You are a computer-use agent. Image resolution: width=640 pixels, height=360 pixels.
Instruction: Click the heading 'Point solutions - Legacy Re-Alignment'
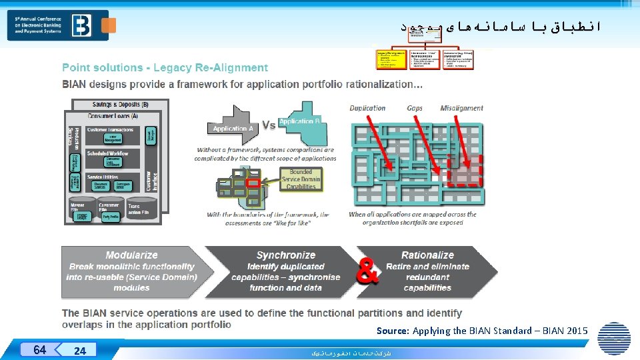[x=165, y=67]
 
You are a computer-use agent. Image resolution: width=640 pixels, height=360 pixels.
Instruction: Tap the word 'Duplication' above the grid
[x=367, y=108]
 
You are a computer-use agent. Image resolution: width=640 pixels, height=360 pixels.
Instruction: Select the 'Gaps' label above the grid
[x=415, y=108]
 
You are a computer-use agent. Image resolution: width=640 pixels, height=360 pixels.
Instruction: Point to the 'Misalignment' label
[x=461, y=108]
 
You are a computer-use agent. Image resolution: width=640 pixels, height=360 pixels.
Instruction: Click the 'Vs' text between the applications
[x=269, y=125]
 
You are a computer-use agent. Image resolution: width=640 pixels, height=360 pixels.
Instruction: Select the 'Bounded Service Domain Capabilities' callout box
[x=301, y=179]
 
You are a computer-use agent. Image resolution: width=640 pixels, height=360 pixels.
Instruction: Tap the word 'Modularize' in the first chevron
[x=131, y=255]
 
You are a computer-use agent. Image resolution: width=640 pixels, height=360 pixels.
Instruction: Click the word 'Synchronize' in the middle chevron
[x=285, y=255]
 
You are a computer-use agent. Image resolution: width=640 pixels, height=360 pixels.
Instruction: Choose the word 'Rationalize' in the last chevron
[x=427, y=255]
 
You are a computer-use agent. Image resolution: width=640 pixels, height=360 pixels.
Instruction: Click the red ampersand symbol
[x=368, y=271]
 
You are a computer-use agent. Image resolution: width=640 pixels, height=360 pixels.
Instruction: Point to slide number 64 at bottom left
[x=39, y=350]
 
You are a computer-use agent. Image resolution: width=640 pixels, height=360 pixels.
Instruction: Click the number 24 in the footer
[x=80, y=351]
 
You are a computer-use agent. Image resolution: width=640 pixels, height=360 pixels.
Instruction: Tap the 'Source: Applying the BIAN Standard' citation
[x=481, y=331]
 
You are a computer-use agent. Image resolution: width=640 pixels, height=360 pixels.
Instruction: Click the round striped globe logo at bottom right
[x=614, y=338]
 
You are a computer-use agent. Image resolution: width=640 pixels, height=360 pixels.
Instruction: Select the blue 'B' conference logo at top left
[x=82, y=25]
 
